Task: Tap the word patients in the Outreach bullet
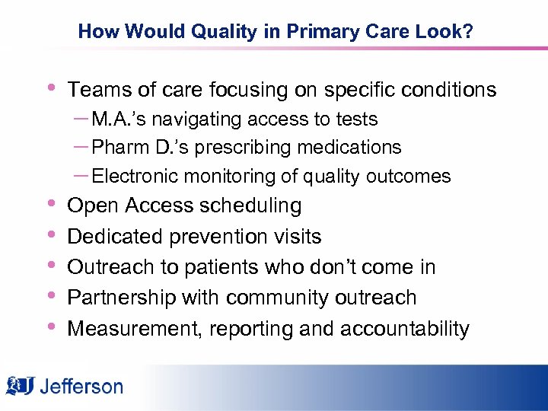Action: click(x=214, y=267)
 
